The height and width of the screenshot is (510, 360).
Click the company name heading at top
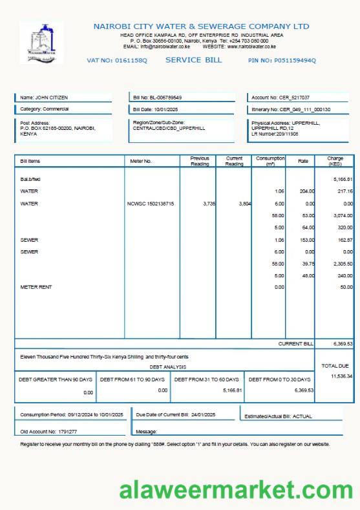[201, 27]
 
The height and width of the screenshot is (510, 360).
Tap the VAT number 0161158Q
[117, 60]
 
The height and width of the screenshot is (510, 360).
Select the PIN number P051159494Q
[282, 60]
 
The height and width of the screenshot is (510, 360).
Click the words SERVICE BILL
[194, 60]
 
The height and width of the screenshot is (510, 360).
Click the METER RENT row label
[36, 286]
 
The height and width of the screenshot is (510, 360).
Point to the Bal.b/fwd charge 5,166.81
[342, 179]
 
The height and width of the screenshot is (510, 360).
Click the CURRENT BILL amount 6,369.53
[342, 344]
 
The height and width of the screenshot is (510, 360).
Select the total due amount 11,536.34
[341, 376]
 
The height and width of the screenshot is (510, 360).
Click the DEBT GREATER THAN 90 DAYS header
[56, 379]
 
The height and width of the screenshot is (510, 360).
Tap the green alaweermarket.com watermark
[235, 490]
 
